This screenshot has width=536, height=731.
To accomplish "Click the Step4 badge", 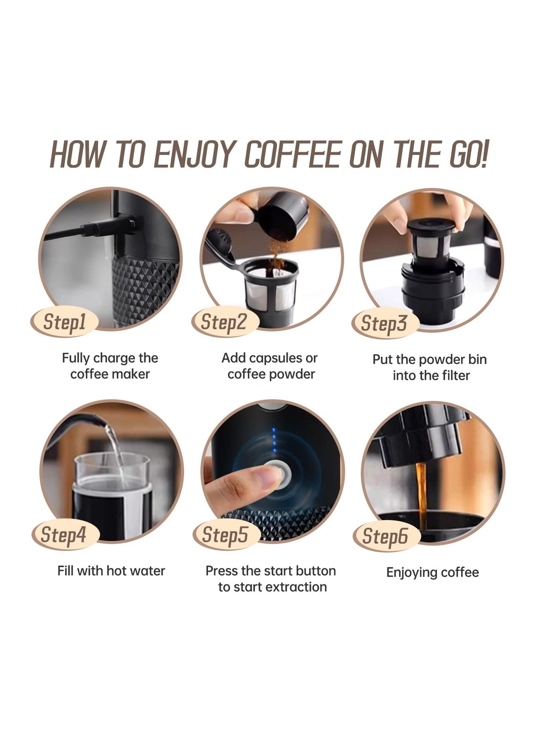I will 64,535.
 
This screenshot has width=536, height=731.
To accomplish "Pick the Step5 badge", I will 225,535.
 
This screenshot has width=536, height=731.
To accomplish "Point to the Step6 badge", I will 385,536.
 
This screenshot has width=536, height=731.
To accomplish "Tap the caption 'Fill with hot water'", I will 111,571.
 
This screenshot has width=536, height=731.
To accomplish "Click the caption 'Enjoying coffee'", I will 432,572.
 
